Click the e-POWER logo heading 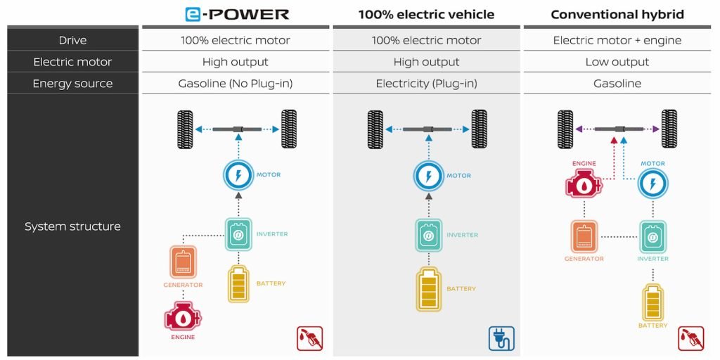236,13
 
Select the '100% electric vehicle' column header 426,14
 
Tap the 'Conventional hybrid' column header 617,14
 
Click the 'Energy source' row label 72,84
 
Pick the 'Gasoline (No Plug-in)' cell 235,84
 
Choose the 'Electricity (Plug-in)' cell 426,84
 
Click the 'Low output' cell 617,62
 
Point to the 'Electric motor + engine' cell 617,40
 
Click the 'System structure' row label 72,226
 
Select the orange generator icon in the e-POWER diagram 183,262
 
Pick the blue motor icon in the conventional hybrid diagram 653,184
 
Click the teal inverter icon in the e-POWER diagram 238,234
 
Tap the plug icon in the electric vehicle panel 501,338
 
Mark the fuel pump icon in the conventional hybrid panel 690,338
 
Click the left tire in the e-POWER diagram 185,129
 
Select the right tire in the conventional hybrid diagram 669,129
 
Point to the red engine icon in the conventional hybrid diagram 584,184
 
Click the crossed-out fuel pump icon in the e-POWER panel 309,338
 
